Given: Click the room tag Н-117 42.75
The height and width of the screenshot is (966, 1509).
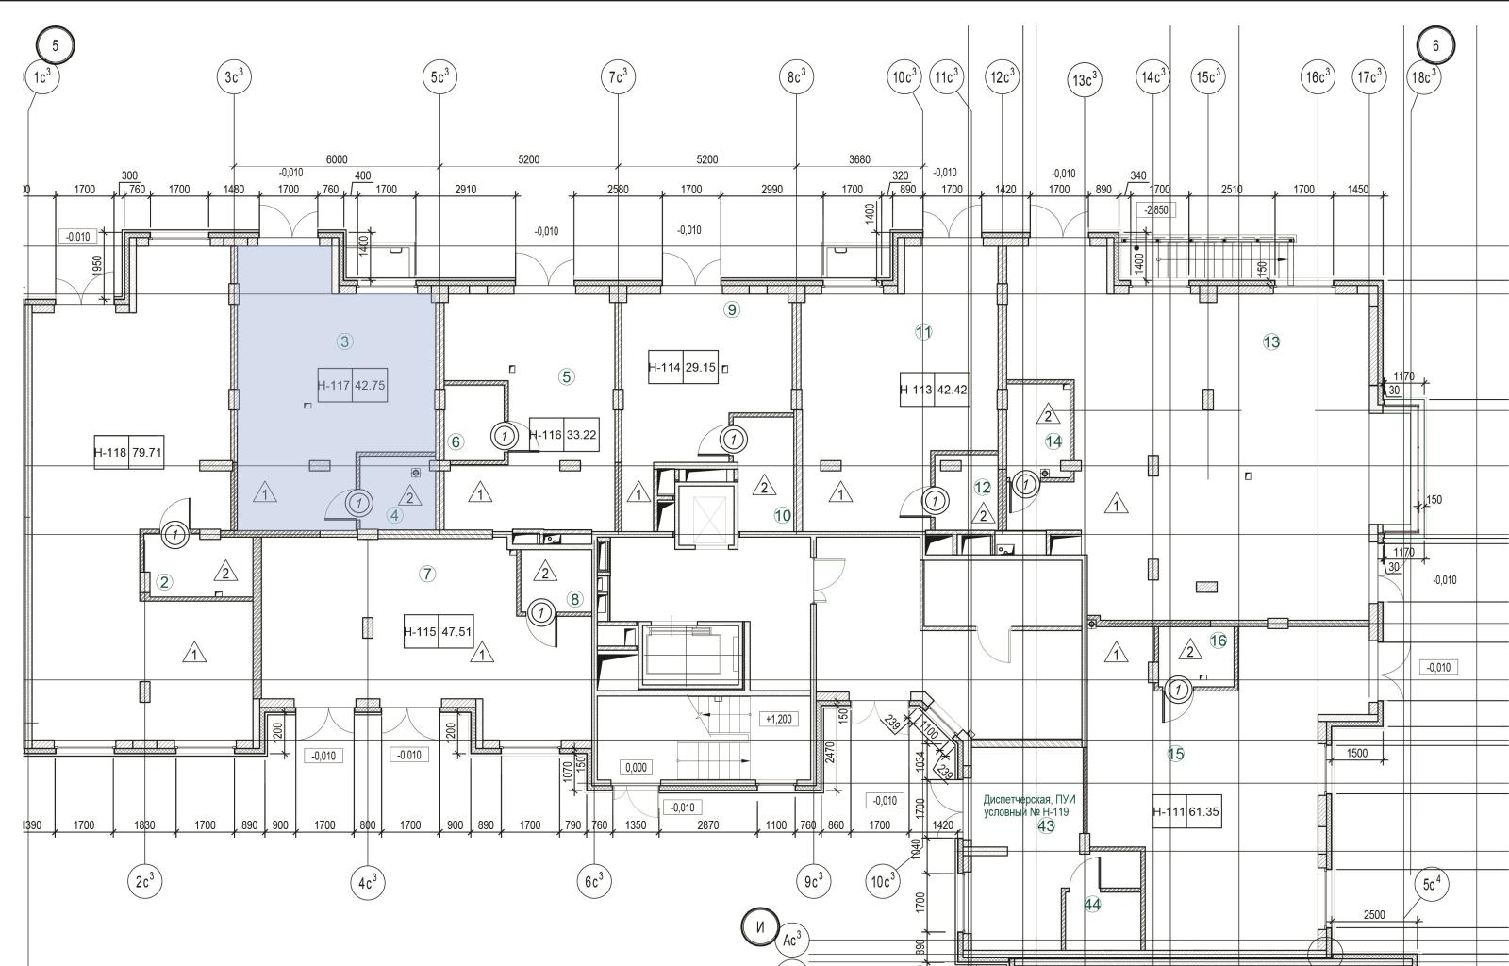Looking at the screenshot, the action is pos(352,385).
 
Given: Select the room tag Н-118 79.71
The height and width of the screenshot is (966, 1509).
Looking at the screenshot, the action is pos(128,452).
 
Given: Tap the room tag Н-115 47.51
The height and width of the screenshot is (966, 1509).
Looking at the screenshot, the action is pos(438,632).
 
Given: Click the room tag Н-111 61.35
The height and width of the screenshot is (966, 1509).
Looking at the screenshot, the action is pos(1186,811).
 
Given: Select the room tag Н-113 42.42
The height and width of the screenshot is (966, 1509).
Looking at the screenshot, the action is pos(934,390).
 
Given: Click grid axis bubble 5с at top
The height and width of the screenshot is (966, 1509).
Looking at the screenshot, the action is pos(439,77).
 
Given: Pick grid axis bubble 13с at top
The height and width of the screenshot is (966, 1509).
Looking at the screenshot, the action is pos(1085,80).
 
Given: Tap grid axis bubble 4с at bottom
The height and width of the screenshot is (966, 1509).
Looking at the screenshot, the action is pos(368,883).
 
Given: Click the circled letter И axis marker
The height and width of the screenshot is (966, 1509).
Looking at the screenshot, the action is pos(760,926).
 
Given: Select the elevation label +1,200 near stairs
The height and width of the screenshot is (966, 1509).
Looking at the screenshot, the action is pos(778,719).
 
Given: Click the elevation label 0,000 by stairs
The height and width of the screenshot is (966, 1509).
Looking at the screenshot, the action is pos(637,767).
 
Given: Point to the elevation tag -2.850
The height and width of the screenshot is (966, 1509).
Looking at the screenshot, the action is pos(1157,210).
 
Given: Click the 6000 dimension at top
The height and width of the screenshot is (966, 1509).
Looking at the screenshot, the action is pos(337,159).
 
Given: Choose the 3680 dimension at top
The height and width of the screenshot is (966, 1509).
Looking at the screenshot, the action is pos(859,159).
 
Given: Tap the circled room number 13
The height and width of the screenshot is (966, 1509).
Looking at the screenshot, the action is pos(1270,341).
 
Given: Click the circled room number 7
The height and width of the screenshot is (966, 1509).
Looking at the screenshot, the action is pos(427,574).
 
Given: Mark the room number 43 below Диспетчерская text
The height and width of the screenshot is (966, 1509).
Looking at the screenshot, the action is pos(1046,826).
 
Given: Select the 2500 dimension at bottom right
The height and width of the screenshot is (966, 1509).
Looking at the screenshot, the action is pos(1374,914).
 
